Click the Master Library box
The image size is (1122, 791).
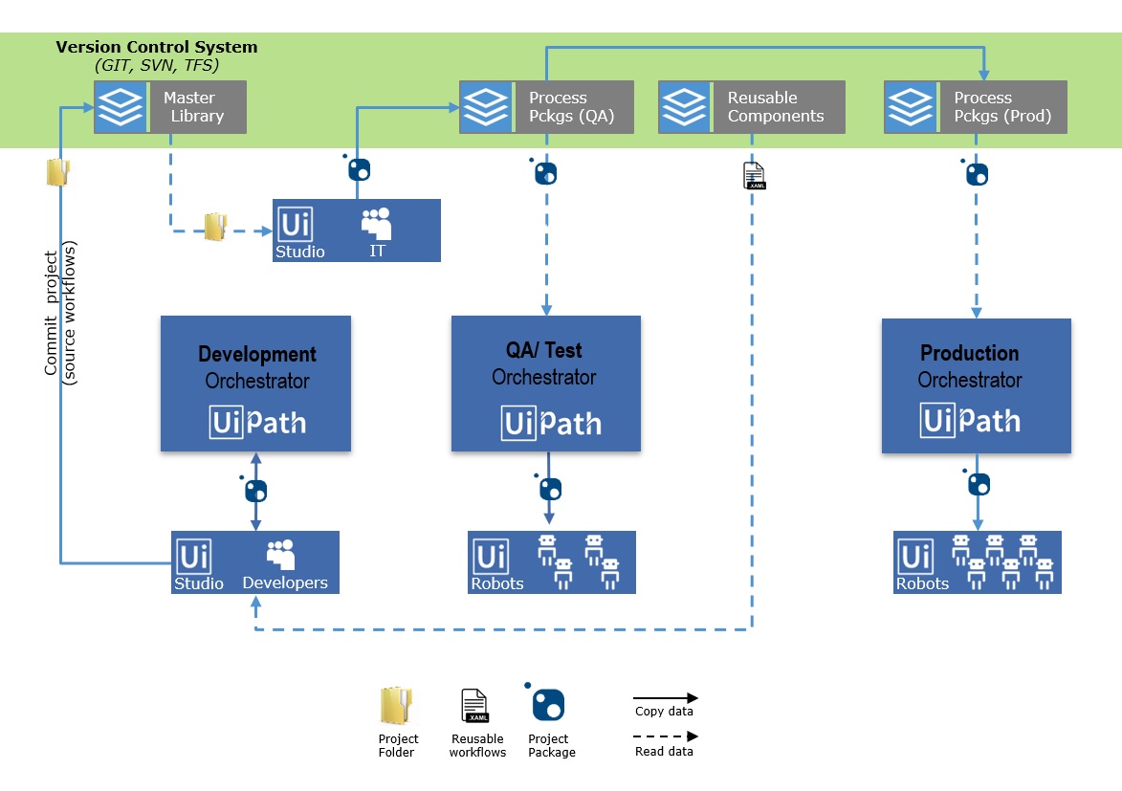pos(170,106)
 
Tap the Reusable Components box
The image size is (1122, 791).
pos(752,106)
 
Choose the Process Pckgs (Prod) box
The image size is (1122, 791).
pos(975,106)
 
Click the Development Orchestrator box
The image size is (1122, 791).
pos(255,384)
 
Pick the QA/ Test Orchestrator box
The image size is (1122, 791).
pos(546,384)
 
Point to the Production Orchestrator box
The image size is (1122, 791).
pos(976,385)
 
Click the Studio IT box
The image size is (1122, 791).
pos(356,231)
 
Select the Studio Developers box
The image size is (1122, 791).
pos(255,562)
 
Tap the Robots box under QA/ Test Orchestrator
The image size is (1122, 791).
pos(551,562)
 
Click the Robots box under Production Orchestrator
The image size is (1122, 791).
pos(977,562)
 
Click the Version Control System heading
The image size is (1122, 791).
pos(156,47)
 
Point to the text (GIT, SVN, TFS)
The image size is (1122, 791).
pos(157,65)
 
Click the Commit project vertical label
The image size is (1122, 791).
pos(59,314)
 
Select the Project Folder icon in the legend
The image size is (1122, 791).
pos(398,709)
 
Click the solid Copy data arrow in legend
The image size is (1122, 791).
pos(665,698)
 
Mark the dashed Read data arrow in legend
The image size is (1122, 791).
pos(665,736)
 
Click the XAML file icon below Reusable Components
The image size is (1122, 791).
pos(754,175)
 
